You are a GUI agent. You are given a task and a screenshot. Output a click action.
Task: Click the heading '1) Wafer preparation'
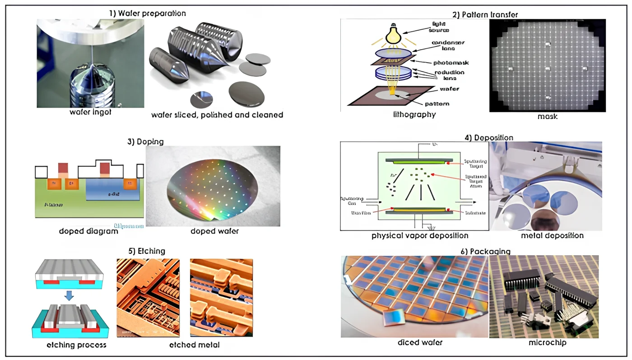pyautogui.click(x=147, y=13)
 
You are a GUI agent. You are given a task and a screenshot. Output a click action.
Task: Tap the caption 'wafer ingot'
pyautogui.click(x=90, y=112)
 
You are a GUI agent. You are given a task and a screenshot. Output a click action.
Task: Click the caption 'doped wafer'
pyautogui.click(x=214, y=231)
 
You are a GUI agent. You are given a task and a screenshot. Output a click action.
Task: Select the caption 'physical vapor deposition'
pyautogui.click(x=420, y=235)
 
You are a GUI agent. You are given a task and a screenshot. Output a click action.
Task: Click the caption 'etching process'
pyautogui.click(x=76, y=345)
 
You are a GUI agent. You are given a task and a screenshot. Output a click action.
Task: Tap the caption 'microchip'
pyautogui.click(x=547, y=342)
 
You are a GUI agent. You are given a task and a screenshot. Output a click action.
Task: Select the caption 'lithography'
pyautogui.click(x=414, y=115)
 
